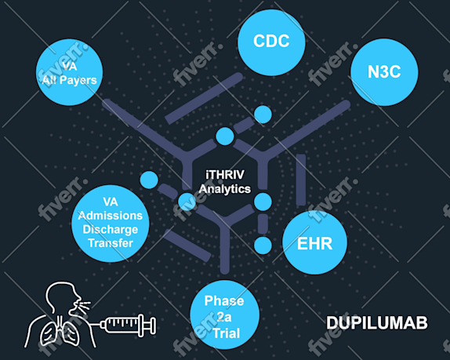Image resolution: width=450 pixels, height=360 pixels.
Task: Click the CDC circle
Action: tap(271, 42)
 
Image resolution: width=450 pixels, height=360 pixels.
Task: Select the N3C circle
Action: tap(384, 72)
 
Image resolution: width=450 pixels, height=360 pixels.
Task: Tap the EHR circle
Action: tap(315, 242)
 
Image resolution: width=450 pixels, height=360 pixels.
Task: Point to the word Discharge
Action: tap(111, 229)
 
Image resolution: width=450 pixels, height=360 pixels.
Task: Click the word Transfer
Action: tap(111, 243)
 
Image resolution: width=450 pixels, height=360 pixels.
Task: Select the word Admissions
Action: tap(111, 216)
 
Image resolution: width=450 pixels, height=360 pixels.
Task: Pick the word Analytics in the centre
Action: tap(225, 189)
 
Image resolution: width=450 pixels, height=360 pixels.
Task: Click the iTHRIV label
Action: tap(225, 175)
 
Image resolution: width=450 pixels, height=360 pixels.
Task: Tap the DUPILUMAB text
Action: tap(377, 322)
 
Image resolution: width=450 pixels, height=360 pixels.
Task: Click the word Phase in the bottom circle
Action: tap(224, 301)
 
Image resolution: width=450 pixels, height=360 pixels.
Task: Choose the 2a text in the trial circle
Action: tap(224, 317)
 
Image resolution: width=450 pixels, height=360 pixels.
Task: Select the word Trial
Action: tap(226, 333)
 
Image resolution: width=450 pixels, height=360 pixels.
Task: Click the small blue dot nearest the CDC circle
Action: tap(263, 115)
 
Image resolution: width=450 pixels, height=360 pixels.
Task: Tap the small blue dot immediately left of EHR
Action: tap(263, 245)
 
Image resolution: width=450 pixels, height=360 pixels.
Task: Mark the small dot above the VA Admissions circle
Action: tap(149, 180)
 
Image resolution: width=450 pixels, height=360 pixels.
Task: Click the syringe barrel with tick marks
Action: tap(120, 325)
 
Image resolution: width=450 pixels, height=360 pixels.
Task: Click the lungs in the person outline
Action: tap(60, 333)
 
